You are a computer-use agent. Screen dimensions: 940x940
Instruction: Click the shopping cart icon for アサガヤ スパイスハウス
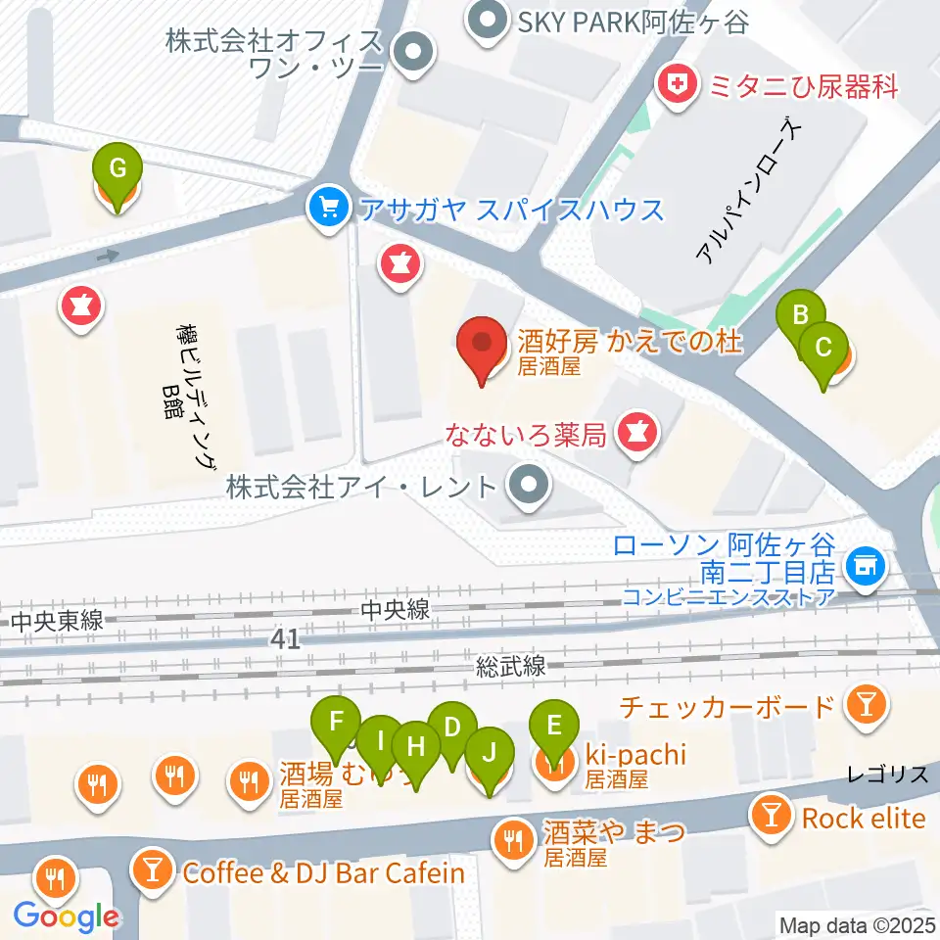[324, 207]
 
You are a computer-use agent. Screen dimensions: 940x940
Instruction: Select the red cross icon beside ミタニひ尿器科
[674, 86]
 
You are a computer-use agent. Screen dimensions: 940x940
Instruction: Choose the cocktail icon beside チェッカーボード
[866, 705]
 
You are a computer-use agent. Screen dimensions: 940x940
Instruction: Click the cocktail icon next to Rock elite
[772, 815]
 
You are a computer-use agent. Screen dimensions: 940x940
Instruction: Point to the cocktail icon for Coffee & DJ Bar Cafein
[152, 869]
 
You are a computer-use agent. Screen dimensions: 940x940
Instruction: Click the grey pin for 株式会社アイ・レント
[530, 484]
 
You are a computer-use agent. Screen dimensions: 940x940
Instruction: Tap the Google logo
[67, 916]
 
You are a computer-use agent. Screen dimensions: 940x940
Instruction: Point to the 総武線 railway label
[510, 667]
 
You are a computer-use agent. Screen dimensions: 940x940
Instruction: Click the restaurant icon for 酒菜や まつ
[512, 838]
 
